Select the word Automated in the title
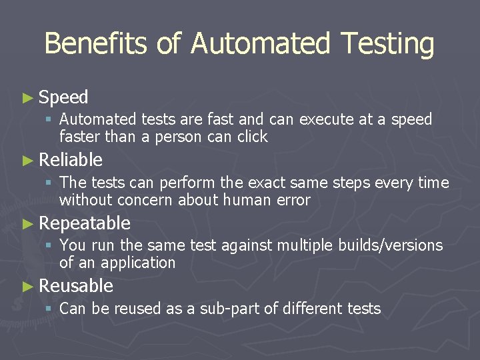point(260,44)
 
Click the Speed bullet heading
point(63,97)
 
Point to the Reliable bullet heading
point(71,160)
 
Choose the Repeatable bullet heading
point(85,223)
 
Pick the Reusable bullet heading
point(76,286)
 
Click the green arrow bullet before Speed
point(27,98)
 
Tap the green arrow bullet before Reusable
point(27,287)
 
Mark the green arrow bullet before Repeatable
point(27,223)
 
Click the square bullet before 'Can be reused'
point(49,309)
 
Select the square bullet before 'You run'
point(49,246)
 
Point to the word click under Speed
point(252,137)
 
